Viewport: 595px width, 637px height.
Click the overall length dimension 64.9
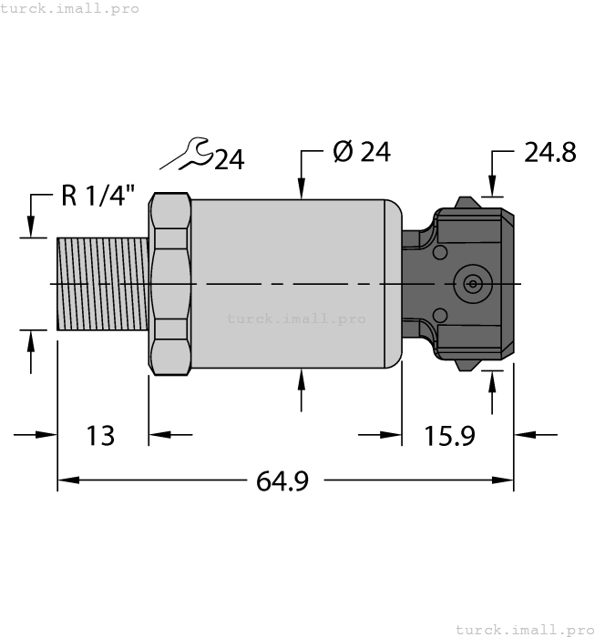tap(282, 480)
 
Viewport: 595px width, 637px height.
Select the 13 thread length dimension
tap(101, 436)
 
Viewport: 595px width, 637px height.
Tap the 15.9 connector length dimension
tap(449, 436)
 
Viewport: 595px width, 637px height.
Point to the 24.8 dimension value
tap(549, 152)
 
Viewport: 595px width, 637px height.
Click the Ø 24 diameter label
tap(362, 152)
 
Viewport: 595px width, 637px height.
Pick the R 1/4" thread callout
tap(98, 196)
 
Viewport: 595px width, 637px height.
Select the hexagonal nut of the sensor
tap(171, 284)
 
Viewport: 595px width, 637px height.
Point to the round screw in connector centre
tap(472, 284)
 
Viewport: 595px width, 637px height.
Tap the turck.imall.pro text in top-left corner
tap(69, 8)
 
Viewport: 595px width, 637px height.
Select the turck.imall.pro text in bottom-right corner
tap(524, 629)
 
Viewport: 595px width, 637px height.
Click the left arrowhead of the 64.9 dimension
tap(65, 480)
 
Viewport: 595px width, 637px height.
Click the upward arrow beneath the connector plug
tap(493, 381)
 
